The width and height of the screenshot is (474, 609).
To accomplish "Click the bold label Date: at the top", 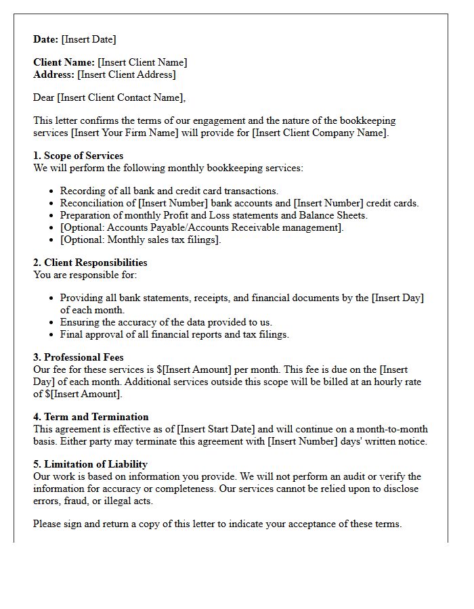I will pyautogui.click(x=46, y=39).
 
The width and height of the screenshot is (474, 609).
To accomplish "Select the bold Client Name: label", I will pyautogui.click(x=64, y=62).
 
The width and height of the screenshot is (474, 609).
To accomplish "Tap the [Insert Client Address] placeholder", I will pyautogui.click(x=127, y=74).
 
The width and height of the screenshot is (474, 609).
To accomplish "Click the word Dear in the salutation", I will pyautogui.click(x=45, y=97).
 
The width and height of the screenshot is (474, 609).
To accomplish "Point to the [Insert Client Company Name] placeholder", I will pyautogui.click(x=320, y=133).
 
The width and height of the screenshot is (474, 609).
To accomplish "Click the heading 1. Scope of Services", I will pyautogui.click(x=79, y=156).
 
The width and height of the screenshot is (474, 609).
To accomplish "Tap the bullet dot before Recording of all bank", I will pyautogui.click(x=52, y=191).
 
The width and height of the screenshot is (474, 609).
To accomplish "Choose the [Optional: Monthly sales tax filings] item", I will pyautogui.click(x=140, y=240).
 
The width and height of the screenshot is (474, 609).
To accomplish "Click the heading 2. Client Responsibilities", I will pyautogui.click(x=90, y=263).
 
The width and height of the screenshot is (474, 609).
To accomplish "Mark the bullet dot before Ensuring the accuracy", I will pyautogui.click(x=52, y=323).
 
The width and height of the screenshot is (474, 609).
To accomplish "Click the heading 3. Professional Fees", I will pyautogui.click(x=79, y=357).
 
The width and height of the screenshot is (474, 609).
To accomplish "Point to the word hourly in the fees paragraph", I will pyautogui.click(x=382, y=382).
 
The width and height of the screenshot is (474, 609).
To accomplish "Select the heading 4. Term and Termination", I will pyautogui.click(x=91, y=417).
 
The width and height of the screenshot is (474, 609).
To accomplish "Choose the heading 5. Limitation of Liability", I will pyautogui.click(x=91, y=464).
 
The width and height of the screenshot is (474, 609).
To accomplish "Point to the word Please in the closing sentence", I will pyautogui.click(x=48, y=524).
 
